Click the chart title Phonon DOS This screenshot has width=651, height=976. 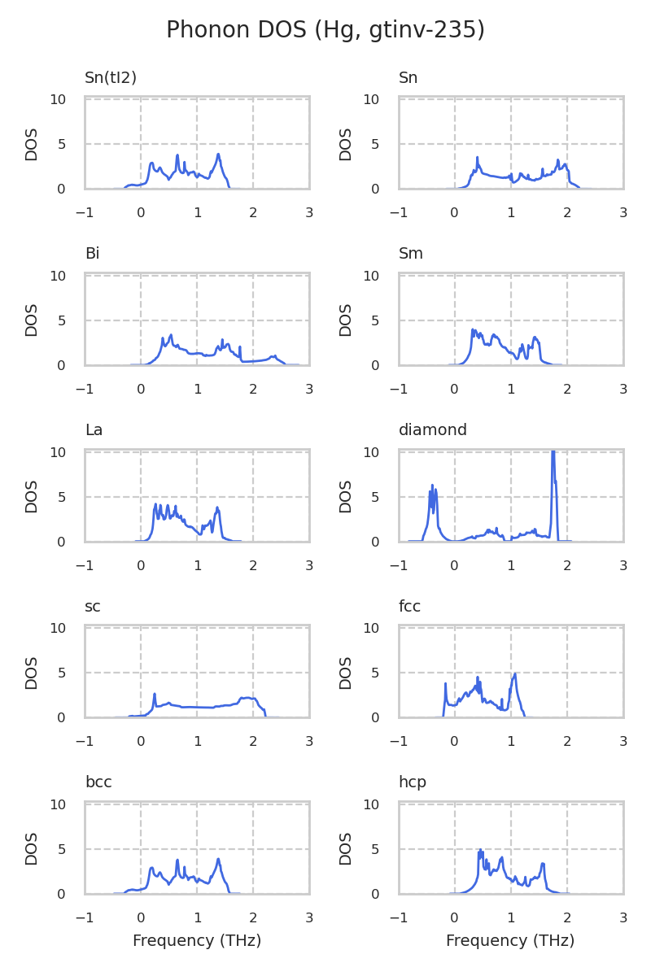pyautogui.click(x=325, y=30)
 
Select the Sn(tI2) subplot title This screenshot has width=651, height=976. pyautogui.click(x=111, y=78)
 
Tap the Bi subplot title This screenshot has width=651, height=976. pyautogui.click(x=92, y=254)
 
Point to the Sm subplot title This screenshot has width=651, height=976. pyautogui.click(x=411, y=254)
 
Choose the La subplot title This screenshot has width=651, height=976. pyautogui.click(x=94, y=430)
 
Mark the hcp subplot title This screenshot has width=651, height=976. pyautogui.click(x=412, y=782)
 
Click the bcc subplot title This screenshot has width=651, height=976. pyautogui.click(x=98, y=782)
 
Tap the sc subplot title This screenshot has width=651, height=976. pyautogui.click(x=92, y=606)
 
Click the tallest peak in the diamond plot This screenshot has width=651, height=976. pyautogui.click(x=553, y=451)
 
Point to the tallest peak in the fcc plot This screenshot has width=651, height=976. pyautogui.click(x=515, y=673)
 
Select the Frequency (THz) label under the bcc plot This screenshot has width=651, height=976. pyautogui.click(x=197, y=941)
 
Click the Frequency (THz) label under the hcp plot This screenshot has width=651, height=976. pyautogui.click(x=510, y=941)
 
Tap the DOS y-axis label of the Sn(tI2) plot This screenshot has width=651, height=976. pyautogui.click(x=32, y=144)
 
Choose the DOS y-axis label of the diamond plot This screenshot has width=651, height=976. pyautogui.click(x=346, y=496)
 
